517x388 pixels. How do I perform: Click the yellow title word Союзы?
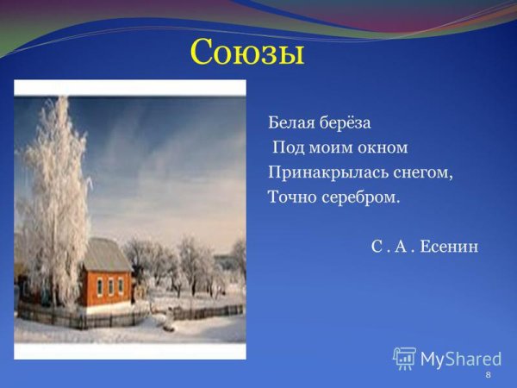tap(246, 53)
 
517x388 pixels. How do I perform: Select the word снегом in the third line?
tap(417, 172)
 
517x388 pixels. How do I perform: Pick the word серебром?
tap(361, 197)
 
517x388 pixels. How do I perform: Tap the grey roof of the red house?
tap(108, 255)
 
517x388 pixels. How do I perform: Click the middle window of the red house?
tap(109, 285)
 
